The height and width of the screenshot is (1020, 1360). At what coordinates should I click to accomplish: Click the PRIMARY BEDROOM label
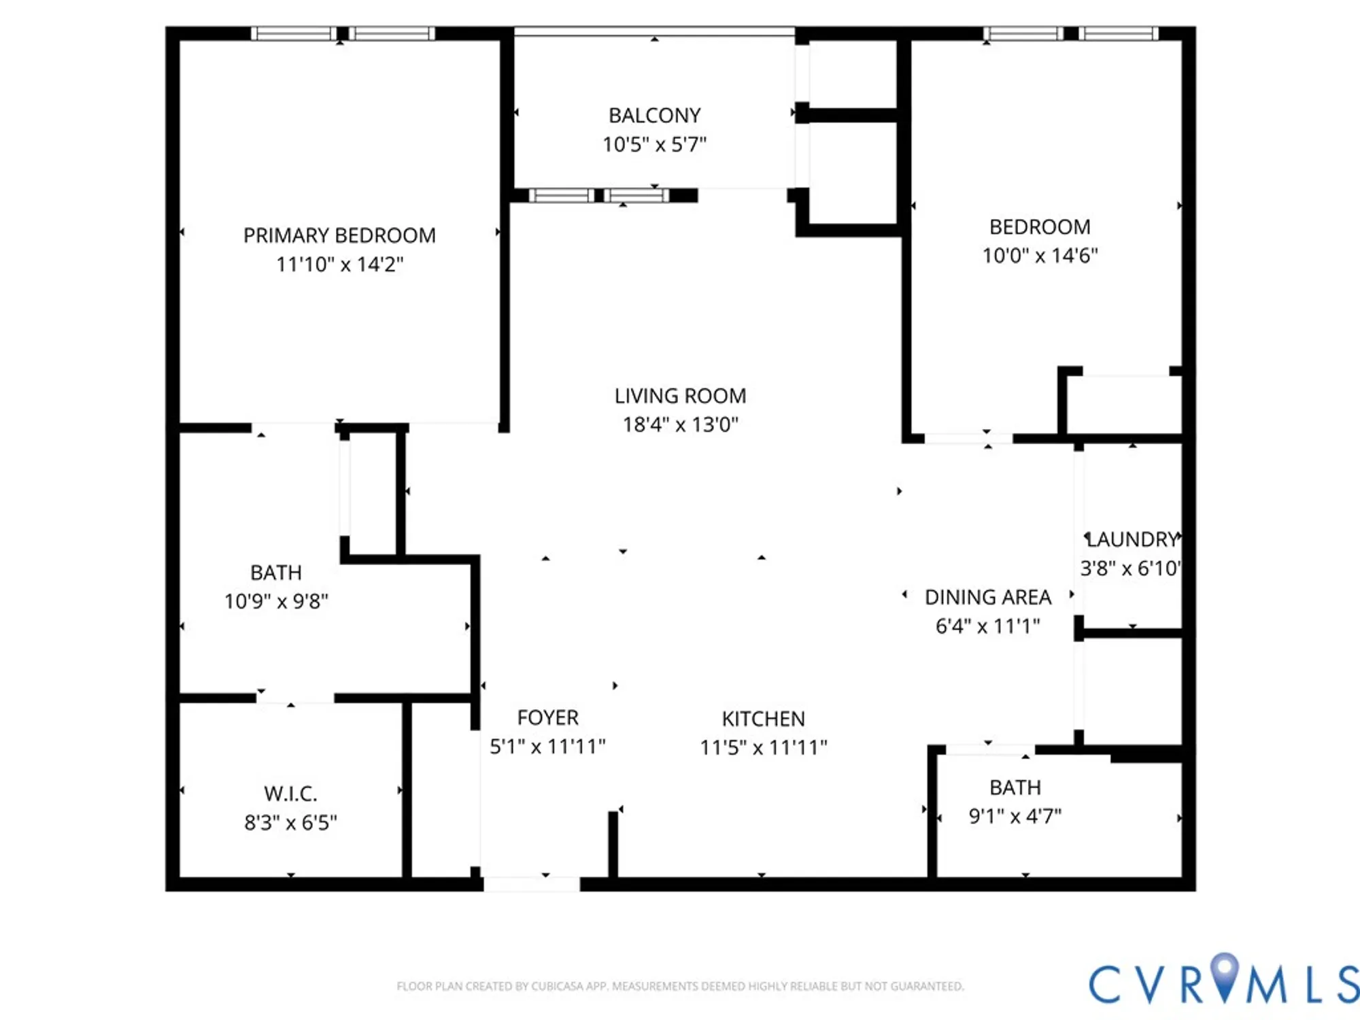339,235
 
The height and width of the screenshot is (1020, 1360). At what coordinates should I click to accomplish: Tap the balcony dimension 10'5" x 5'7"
654,144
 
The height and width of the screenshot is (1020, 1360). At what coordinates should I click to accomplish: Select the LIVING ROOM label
680,396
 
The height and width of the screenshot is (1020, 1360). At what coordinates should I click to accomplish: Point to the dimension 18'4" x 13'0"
680,425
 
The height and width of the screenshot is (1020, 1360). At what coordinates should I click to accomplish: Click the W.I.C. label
290,794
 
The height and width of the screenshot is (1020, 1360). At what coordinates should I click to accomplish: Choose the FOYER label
547,718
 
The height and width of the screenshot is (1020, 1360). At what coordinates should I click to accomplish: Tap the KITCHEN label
763,719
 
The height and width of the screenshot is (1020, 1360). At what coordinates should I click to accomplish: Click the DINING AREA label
987,597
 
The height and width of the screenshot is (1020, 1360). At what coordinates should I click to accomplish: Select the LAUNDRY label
1132,540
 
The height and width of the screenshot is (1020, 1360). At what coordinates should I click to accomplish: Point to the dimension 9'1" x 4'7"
1015,816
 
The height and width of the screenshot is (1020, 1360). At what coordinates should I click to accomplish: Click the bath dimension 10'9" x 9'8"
276,601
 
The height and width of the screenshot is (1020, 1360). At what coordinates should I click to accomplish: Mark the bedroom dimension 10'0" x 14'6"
1040,256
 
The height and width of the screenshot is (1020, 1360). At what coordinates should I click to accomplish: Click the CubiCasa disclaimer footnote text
680,986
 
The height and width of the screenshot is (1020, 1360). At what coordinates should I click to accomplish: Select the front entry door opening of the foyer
531,883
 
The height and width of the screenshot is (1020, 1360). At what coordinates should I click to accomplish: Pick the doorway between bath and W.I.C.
294,698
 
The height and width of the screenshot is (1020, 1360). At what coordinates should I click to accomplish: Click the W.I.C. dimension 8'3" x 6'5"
290,823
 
